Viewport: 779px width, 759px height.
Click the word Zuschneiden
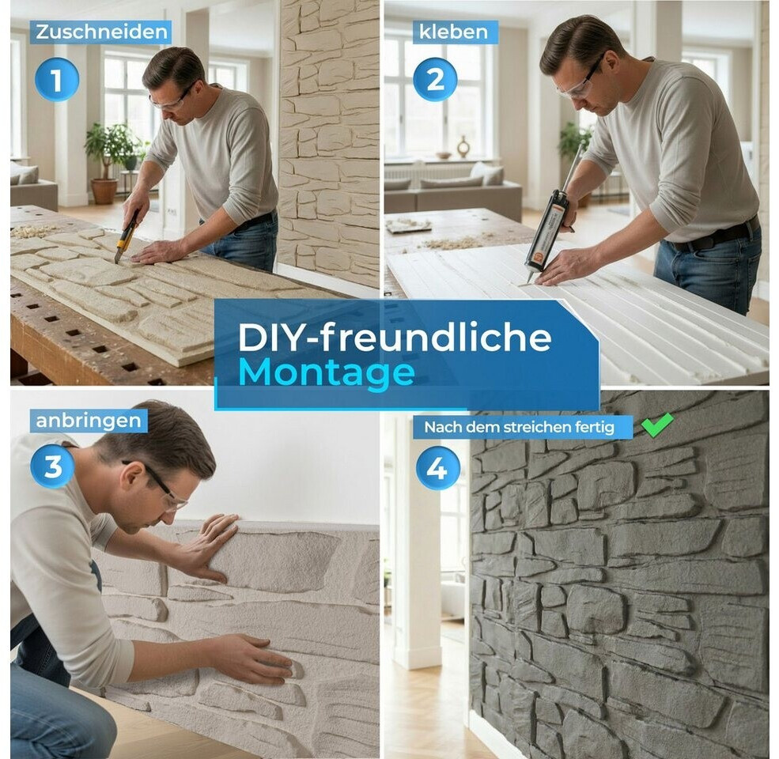click(101, 32)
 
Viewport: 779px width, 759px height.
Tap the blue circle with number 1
click(57, 80)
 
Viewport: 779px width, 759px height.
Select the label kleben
click(453, 32)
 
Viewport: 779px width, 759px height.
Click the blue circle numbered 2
click(435, 80)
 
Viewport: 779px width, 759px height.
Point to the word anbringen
click(89, 421)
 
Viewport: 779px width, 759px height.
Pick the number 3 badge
click(53, 467)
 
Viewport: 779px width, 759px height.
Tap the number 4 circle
click(437, 468)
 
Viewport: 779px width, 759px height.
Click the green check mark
click(656, 425)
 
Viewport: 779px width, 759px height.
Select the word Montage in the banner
click(327, 372)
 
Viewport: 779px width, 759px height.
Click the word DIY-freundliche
click(395, 338)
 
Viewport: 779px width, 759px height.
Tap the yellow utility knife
click(127, 236)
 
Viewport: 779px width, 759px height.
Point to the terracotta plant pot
click(104, 191)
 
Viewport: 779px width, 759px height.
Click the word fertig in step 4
click(596, 427)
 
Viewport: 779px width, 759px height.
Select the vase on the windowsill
click(463, 147)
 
